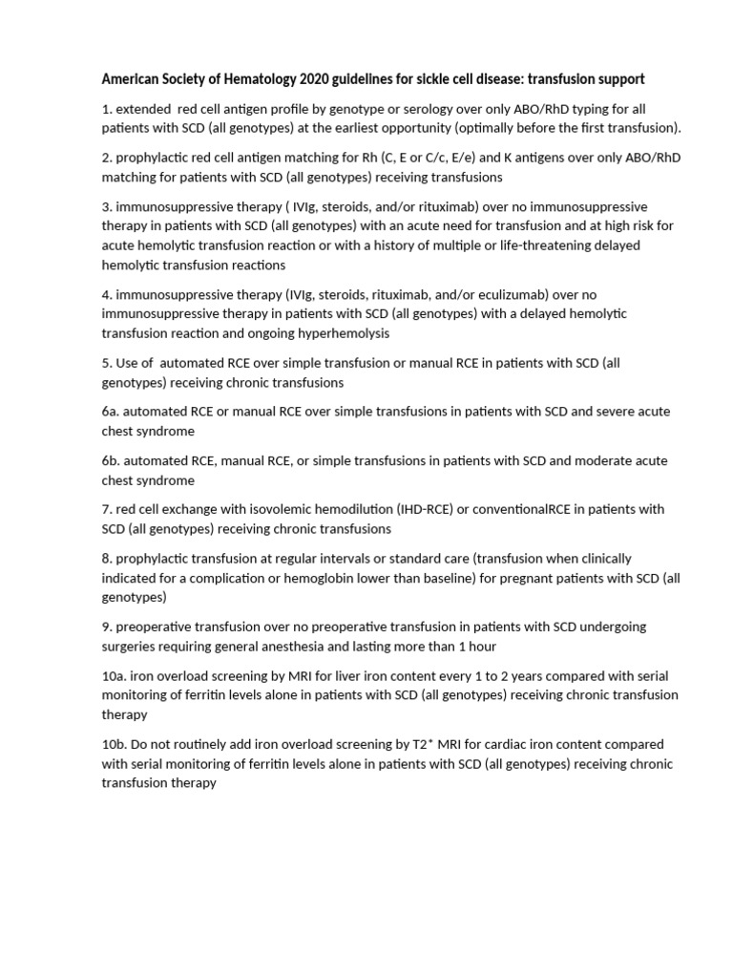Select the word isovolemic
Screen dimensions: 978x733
[x=249, y=509]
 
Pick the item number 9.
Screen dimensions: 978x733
[x=107, y=627]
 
